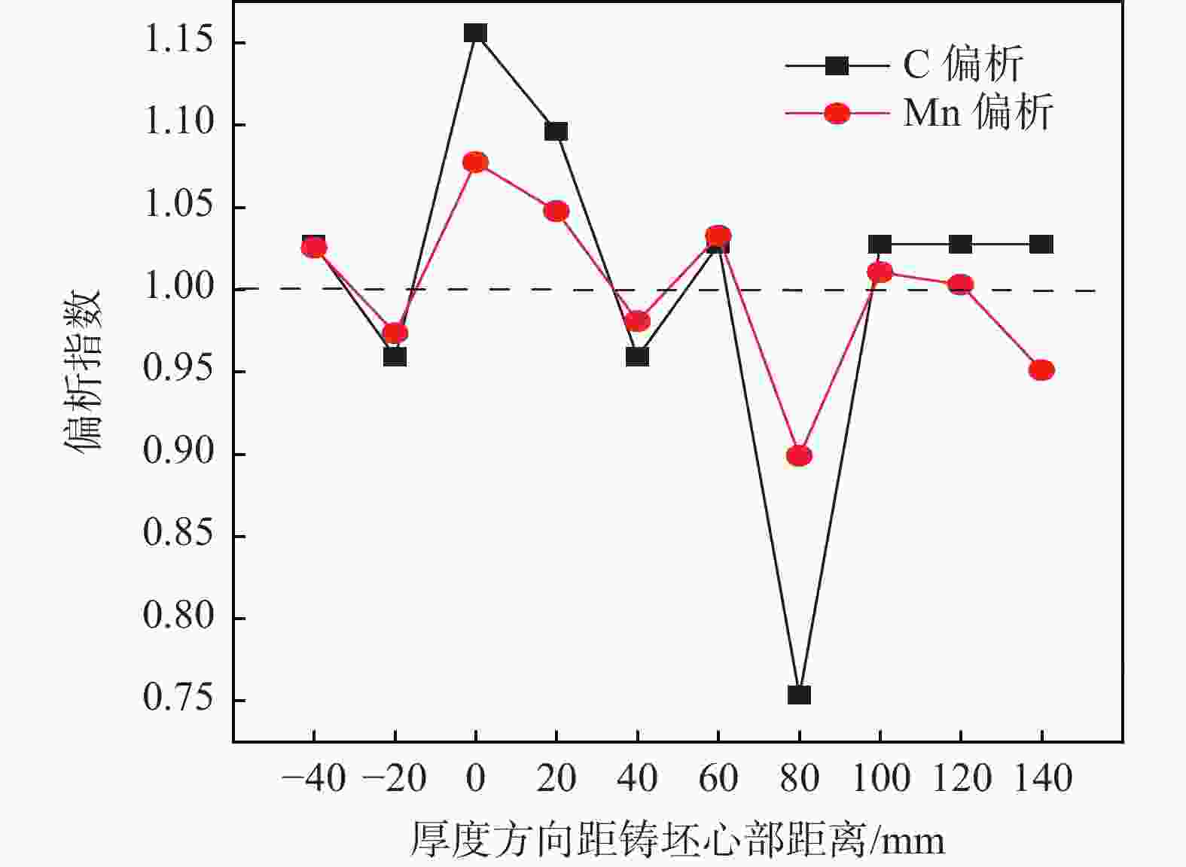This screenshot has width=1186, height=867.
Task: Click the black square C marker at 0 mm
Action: [475, 33]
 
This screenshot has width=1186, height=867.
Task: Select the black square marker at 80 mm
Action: [799, 695]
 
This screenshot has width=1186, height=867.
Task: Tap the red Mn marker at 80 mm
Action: [799, 455]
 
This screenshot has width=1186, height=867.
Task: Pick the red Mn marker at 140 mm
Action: [1041, 370]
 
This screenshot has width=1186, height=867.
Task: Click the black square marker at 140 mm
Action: [1041, 245]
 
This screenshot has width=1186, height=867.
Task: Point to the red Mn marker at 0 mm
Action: [475, 163]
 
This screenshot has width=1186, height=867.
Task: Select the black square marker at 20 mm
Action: [556, 132]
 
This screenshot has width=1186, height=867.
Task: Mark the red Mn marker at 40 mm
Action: [637, 321]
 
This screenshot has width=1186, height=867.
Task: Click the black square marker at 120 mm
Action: [960, 245]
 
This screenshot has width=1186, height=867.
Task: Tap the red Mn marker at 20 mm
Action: [556, 211]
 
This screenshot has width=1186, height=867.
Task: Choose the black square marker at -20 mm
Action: [395, 356]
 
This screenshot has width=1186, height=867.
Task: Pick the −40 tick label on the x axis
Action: [313, 778]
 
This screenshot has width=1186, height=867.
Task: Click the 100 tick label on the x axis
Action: [880, 778]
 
